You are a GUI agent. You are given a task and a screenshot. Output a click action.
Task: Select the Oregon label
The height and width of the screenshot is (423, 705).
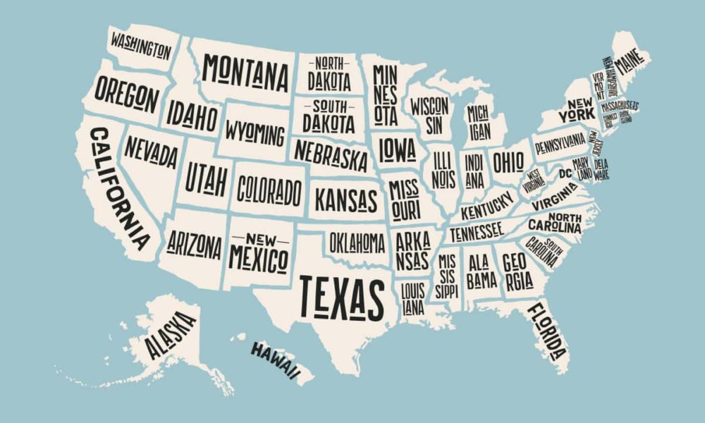[x=127, y=96]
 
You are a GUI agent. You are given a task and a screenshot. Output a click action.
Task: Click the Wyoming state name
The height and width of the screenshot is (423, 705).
[x=255, y=131]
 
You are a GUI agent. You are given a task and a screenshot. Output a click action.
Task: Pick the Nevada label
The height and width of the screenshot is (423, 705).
[x=151, y=151]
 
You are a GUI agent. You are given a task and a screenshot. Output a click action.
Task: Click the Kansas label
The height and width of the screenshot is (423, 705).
[x=346, y=200]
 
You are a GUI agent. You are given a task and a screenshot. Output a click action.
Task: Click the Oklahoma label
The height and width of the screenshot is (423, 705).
[x=357, y=243]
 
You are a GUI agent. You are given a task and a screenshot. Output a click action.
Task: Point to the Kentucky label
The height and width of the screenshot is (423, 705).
[x=486, y=205]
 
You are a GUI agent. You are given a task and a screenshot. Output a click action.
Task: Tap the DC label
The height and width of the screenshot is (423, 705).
[x=565, y=173]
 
